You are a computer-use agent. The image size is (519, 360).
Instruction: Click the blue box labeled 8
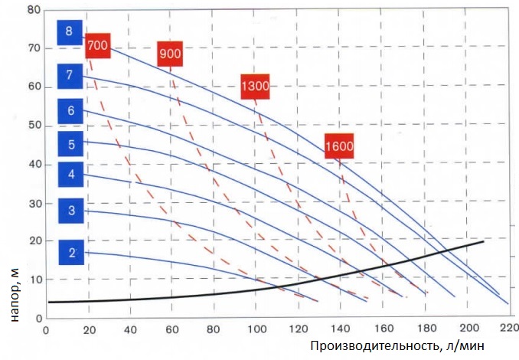(x=70, y=32)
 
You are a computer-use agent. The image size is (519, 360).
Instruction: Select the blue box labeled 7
(x=70, y=75)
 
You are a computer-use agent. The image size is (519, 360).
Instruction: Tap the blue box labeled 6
(x=70, y=111)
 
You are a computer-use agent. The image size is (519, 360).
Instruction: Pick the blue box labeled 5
(x=70, y=143)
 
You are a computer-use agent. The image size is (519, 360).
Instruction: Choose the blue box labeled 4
(x=70, y=175)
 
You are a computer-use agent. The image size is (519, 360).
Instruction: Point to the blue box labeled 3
(x=70, y=210)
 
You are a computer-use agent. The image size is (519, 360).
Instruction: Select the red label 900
(x=170, y=54)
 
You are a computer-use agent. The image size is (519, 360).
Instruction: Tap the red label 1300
(x=254, y=86)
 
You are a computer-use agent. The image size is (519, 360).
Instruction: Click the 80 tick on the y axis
(x=34, y=11)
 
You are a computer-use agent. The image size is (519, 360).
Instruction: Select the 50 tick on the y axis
(x=34, y=126)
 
